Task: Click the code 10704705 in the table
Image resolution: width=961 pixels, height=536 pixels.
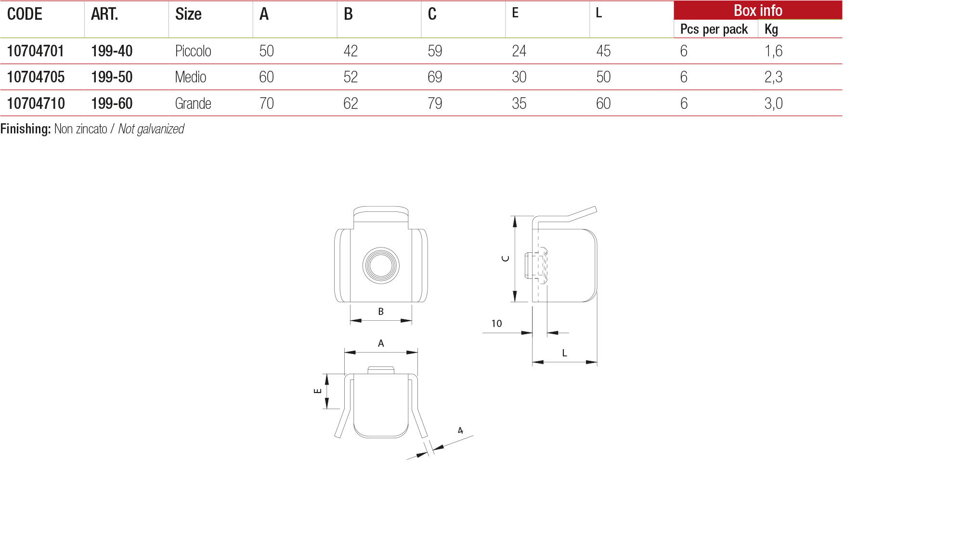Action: point(36,77)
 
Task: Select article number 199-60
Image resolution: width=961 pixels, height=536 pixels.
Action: point(112,104)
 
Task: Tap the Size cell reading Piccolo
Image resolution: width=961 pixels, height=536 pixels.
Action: point(193,51)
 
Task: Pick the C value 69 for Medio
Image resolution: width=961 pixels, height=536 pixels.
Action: point(435,77)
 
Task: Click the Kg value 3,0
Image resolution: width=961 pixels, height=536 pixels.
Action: point(773,104)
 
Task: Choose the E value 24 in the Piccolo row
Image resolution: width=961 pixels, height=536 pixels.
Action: point(519,51)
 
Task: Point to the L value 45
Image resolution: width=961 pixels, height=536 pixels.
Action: point(603,51)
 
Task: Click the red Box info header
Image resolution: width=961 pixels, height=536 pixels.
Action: point(758,11)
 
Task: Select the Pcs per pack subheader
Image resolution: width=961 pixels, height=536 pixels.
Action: point(714,29)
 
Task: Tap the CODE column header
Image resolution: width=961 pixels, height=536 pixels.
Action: point(25,14)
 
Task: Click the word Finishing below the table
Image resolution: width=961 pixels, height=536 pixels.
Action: point(26,129)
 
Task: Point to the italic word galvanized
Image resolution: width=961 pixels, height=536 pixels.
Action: point(159,129)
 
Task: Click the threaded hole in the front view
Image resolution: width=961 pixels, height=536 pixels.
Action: point(381,265)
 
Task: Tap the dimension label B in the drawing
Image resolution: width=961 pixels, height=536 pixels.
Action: point(381,312)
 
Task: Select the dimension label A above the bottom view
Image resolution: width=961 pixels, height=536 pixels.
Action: point(381,343)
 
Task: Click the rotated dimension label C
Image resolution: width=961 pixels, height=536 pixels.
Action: point(506,259)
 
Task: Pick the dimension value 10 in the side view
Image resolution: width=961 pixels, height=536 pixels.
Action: point(496,324)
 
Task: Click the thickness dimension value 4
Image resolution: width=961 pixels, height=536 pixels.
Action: point(460,431)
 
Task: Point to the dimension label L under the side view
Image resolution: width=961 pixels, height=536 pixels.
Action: point(564,353)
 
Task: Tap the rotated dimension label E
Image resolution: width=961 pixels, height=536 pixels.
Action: point(318,391)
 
